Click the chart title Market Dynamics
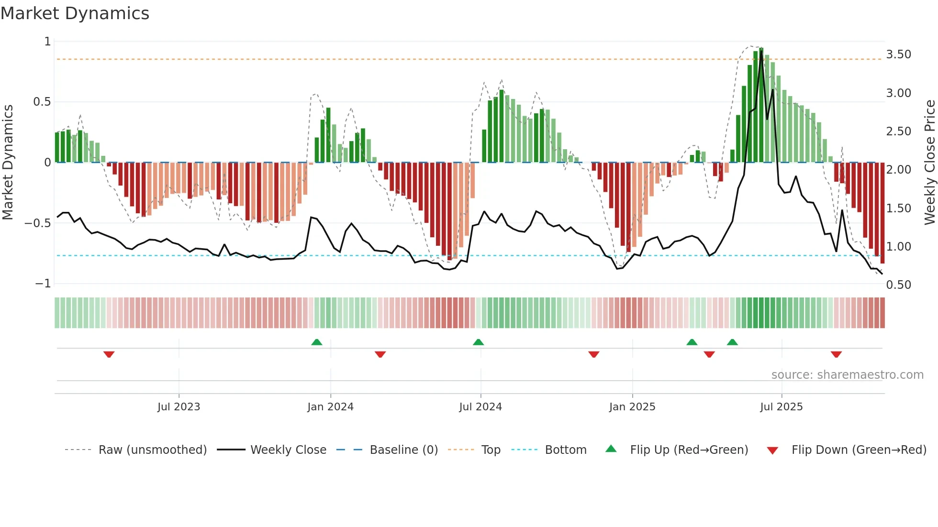[x=75, y=13]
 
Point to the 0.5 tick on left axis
[x=42, y=102]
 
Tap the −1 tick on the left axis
[x=43, y=284]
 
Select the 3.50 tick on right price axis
[x=898, y=55]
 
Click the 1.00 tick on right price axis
[x=898, y=247]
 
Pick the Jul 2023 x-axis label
[x=179, y=407]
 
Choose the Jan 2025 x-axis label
[x=632, y=407]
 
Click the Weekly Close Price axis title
[x=929, y=162]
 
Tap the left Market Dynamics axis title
[x=8, y=162]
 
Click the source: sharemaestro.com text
[x=847, y=375]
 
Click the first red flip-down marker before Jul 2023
[x=109, y=354]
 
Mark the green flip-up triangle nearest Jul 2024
[x=478, y=342]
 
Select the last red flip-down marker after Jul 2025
[x=836, y=354]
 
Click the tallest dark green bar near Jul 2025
[x=761, y=105]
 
